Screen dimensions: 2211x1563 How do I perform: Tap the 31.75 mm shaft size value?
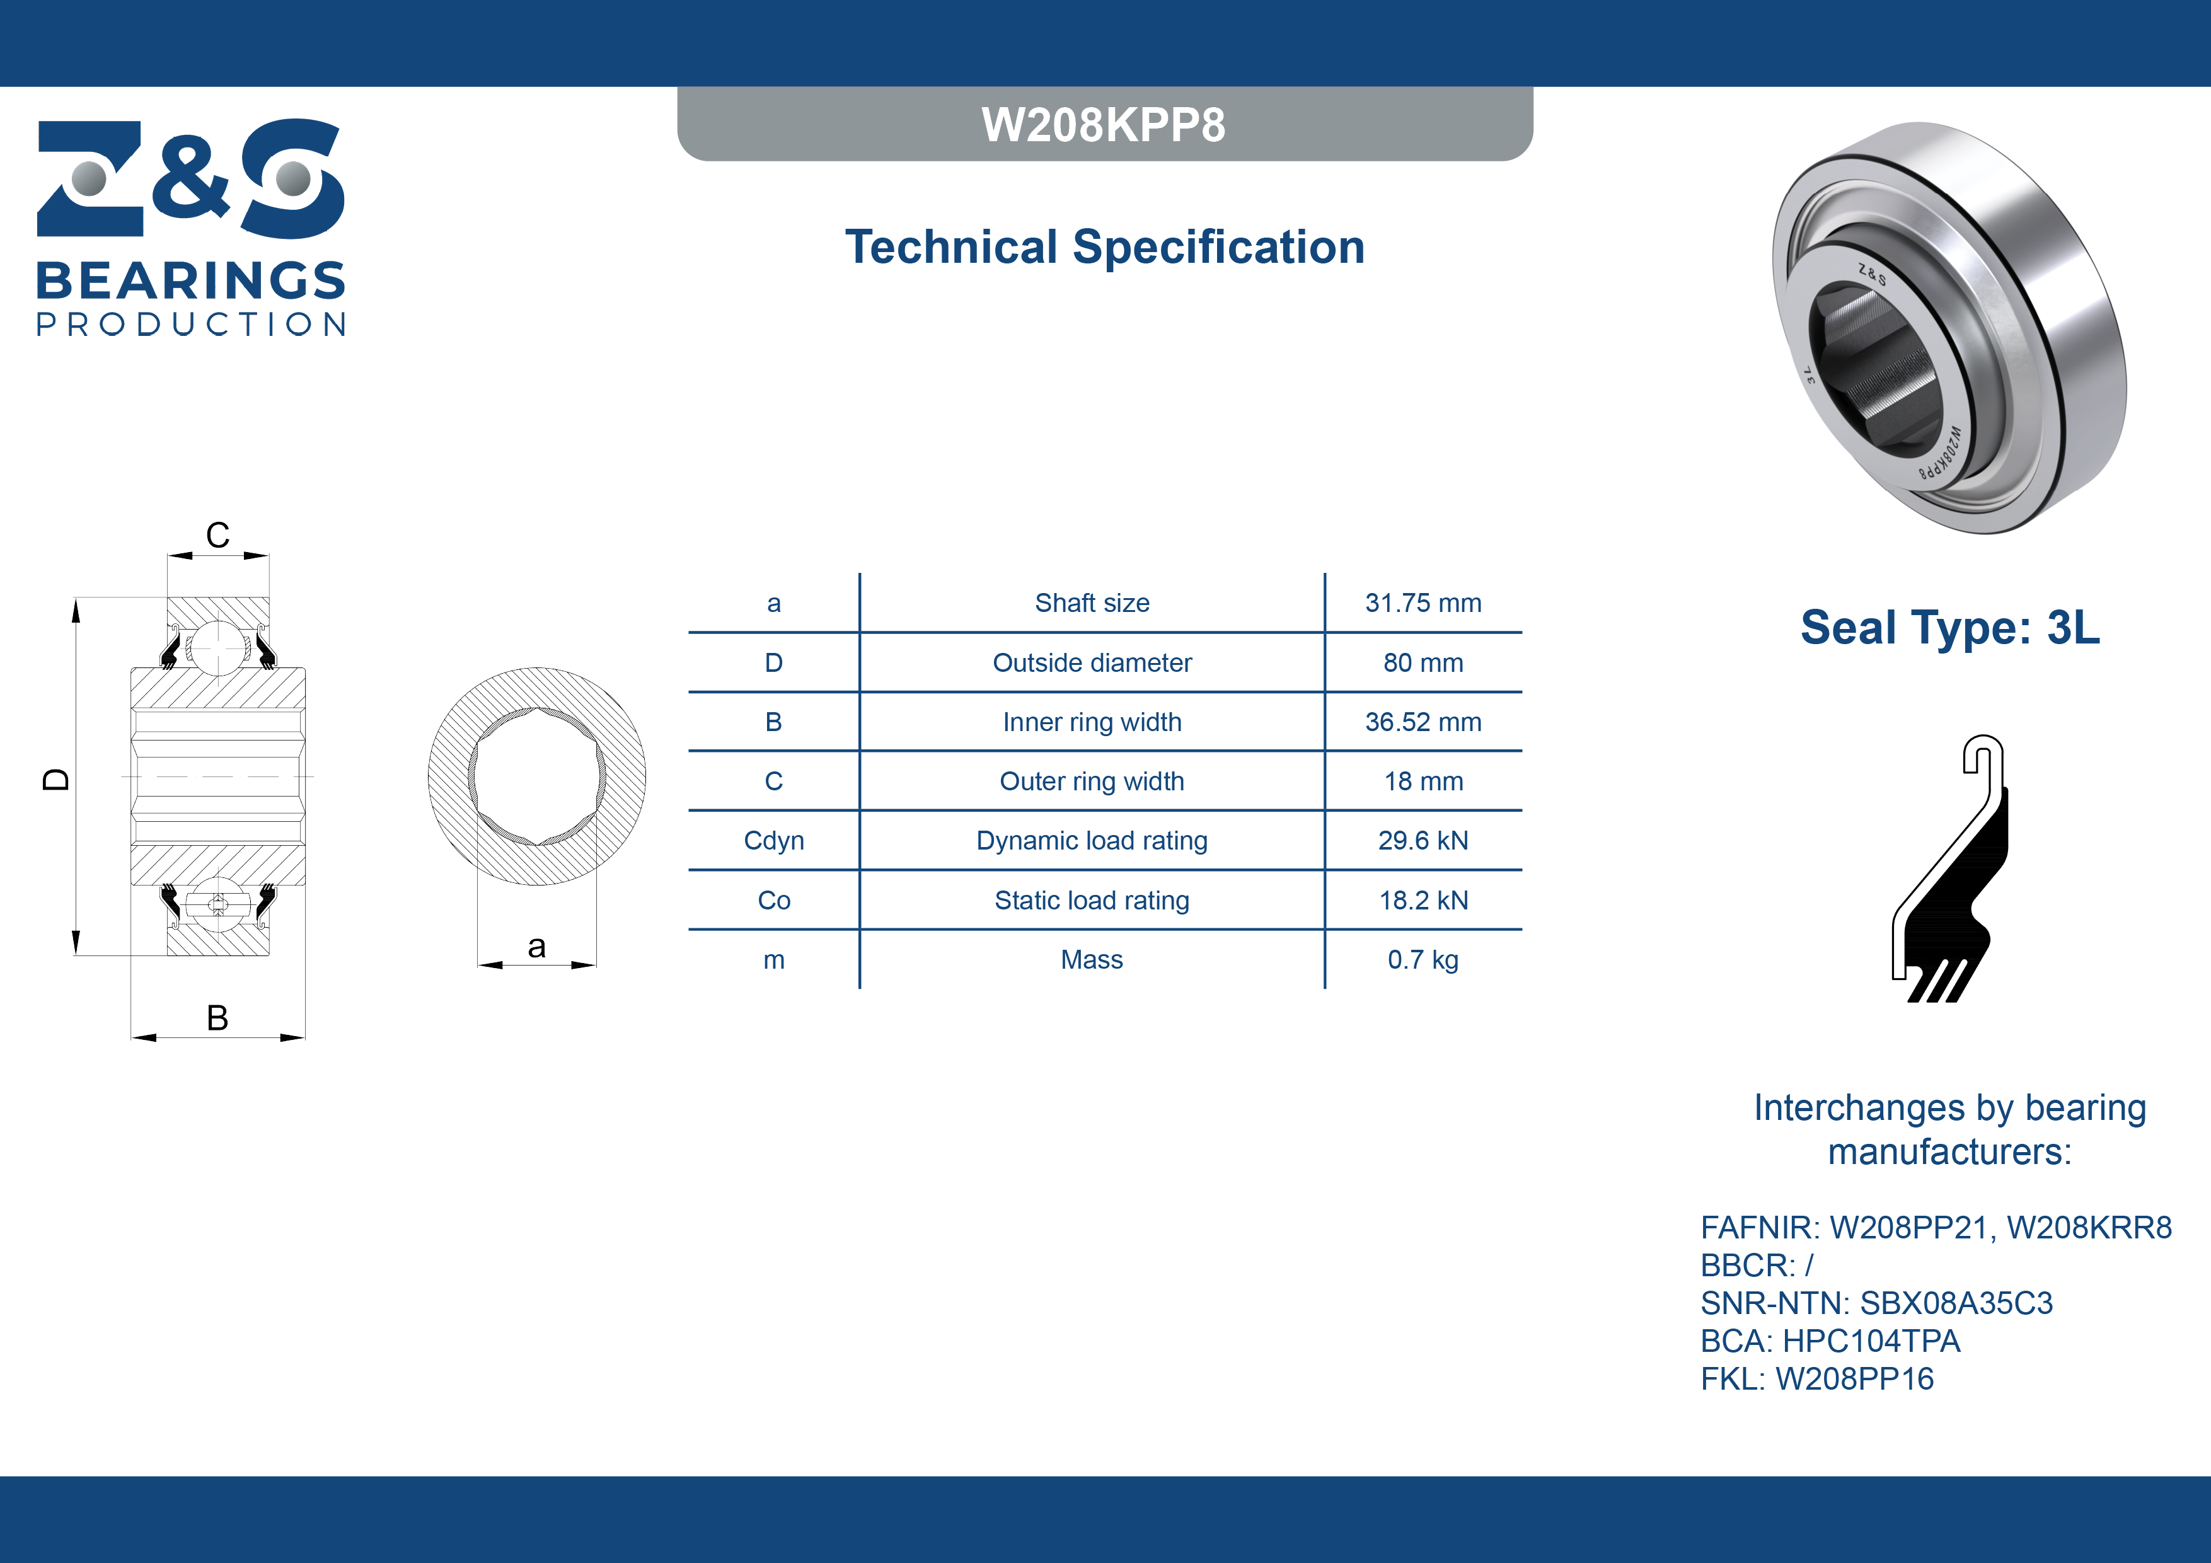(1423, 603)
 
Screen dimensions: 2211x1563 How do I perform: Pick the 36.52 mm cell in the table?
(1423, 722)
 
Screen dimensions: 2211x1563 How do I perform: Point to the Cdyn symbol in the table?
(773, 841)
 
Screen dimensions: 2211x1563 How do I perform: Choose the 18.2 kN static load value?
(1423, 901)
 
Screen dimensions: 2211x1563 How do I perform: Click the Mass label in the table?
(1092, 960)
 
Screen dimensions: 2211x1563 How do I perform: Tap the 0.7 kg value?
(1423, 960)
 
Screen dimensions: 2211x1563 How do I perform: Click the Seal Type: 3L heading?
(1950, 627)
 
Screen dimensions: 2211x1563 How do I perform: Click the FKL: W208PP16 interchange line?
(1816, 1379)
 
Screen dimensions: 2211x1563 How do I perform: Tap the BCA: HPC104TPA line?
(1830, 1341)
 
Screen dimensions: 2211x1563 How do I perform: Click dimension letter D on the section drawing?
(56, 779)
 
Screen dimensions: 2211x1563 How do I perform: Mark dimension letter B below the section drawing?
(217, 1018)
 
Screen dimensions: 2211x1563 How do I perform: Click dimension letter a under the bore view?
(536, 948)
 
